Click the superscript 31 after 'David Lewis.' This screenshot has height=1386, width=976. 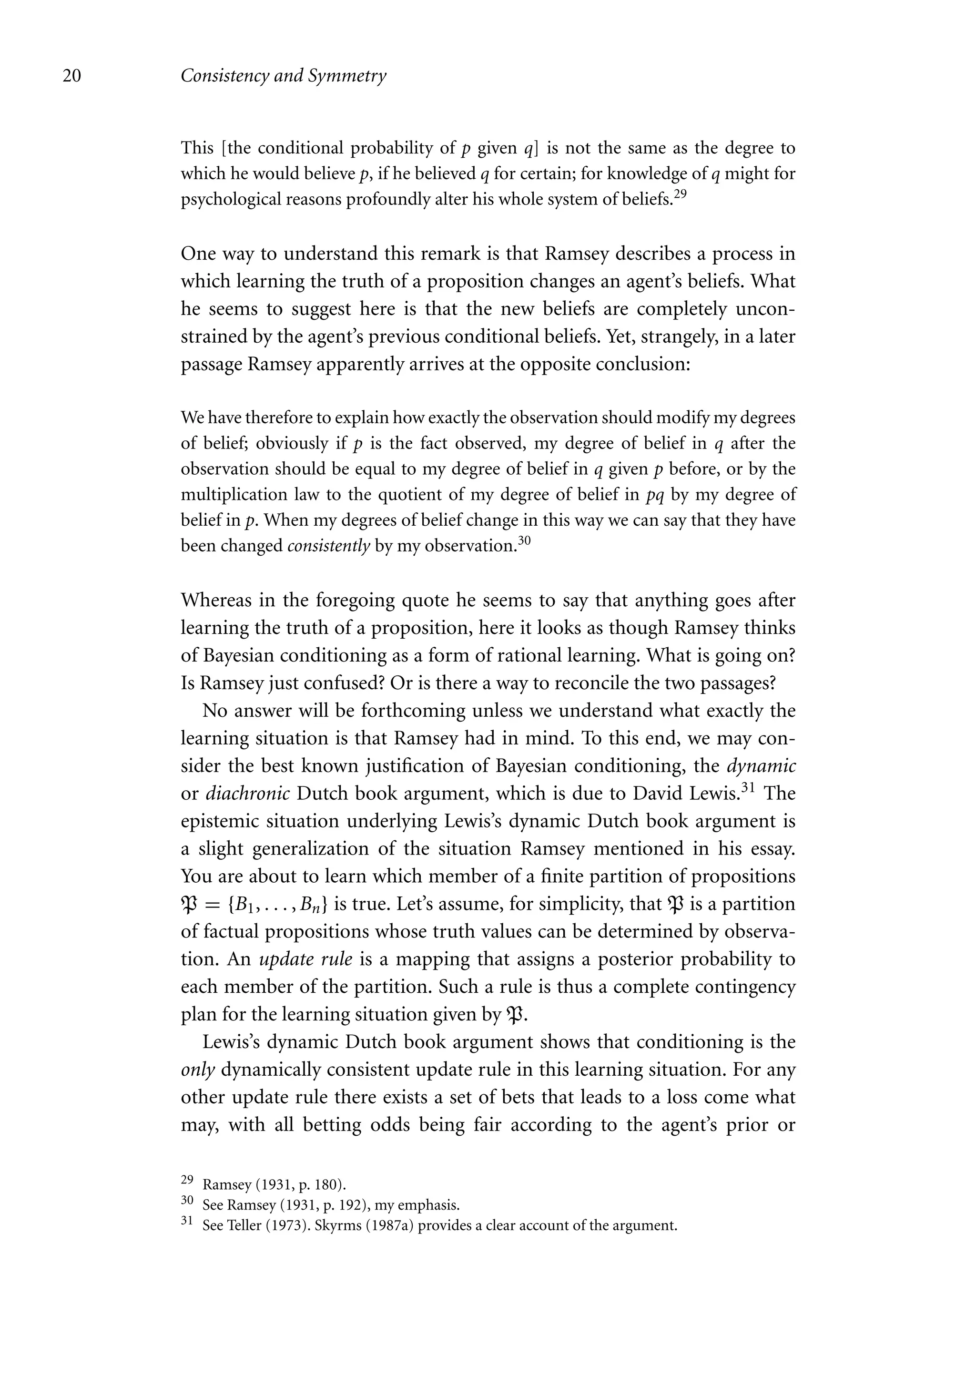[x=752, y=788]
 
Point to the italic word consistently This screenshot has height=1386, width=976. [x=328, y=546]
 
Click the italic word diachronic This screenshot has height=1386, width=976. [x=248, y=794]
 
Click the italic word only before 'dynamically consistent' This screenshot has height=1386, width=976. [x=198, y=1070]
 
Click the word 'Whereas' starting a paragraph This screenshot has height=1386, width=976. [x=215, y=601]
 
